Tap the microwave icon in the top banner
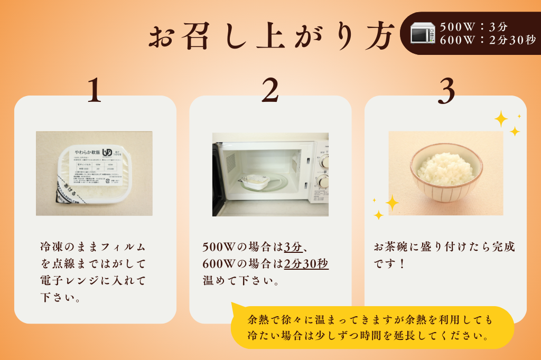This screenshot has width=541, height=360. pyautogui.click(x=423, y=33)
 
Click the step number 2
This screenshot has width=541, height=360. pyautogui.click(x=270, y=90)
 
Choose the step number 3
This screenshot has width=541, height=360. pyautogui.click(x=446, y=90)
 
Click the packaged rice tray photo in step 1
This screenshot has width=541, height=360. pyautogui.click(x=94, y=173)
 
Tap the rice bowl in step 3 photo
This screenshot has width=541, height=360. pyautogui.click(x=446, y=172)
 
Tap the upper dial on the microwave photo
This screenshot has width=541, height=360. pyautogui.click(x=323, y=161)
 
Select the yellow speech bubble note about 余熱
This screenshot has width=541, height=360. pyautogui.click(x=372, y=327)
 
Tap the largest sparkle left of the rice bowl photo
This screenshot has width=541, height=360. pyautogui.click(x=392, y=202)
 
